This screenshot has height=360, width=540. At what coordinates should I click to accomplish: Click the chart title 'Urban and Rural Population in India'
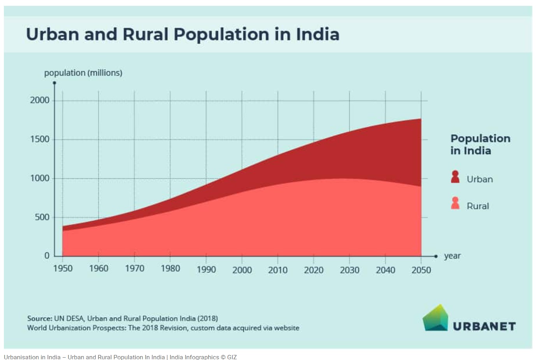[x=183, y=34]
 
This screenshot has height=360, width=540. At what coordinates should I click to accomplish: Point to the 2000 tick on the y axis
[x=40, y=100]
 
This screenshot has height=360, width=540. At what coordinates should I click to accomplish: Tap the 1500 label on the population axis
[x=40, y=139]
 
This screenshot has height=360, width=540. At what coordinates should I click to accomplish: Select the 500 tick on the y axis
[x=42, y=217]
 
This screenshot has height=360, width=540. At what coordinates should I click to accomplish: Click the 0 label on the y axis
[x=47, y=256]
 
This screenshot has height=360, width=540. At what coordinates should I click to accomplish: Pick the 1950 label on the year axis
[x=63, y=269]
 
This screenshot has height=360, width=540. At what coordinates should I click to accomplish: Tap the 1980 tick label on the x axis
[x=170, y=269]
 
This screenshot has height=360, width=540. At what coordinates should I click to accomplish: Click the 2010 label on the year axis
[x=278, y=270]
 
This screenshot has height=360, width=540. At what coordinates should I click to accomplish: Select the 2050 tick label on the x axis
[x=421, y=270]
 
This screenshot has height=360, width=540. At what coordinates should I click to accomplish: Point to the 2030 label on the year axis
[x=349, y=270]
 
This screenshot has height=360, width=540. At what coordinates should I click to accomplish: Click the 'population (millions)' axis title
[x=83, y=73]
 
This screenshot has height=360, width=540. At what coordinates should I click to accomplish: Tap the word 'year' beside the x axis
[x=452, y=256]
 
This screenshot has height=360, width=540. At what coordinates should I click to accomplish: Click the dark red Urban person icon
[x=455, y=177]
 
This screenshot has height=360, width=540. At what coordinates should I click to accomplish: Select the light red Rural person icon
[x=455, y=203]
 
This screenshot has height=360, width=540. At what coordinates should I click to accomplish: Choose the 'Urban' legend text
[x=480, y=179]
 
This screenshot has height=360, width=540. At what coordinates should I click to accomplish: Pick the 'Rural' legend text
[x=478, y=206]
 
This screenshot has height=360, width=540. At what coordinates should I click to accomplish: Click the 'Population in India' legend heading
[x=480, y=144]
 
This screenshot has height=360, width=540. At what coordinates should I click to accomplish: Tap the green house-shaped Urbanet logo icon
[x=435, y=318]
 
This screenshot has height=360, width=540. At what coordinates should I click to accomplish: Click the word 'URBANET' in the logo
[x=484, y=326]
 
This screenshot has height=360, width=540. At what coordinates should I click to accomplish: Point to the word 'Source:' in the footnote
[x=40, y=318]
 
